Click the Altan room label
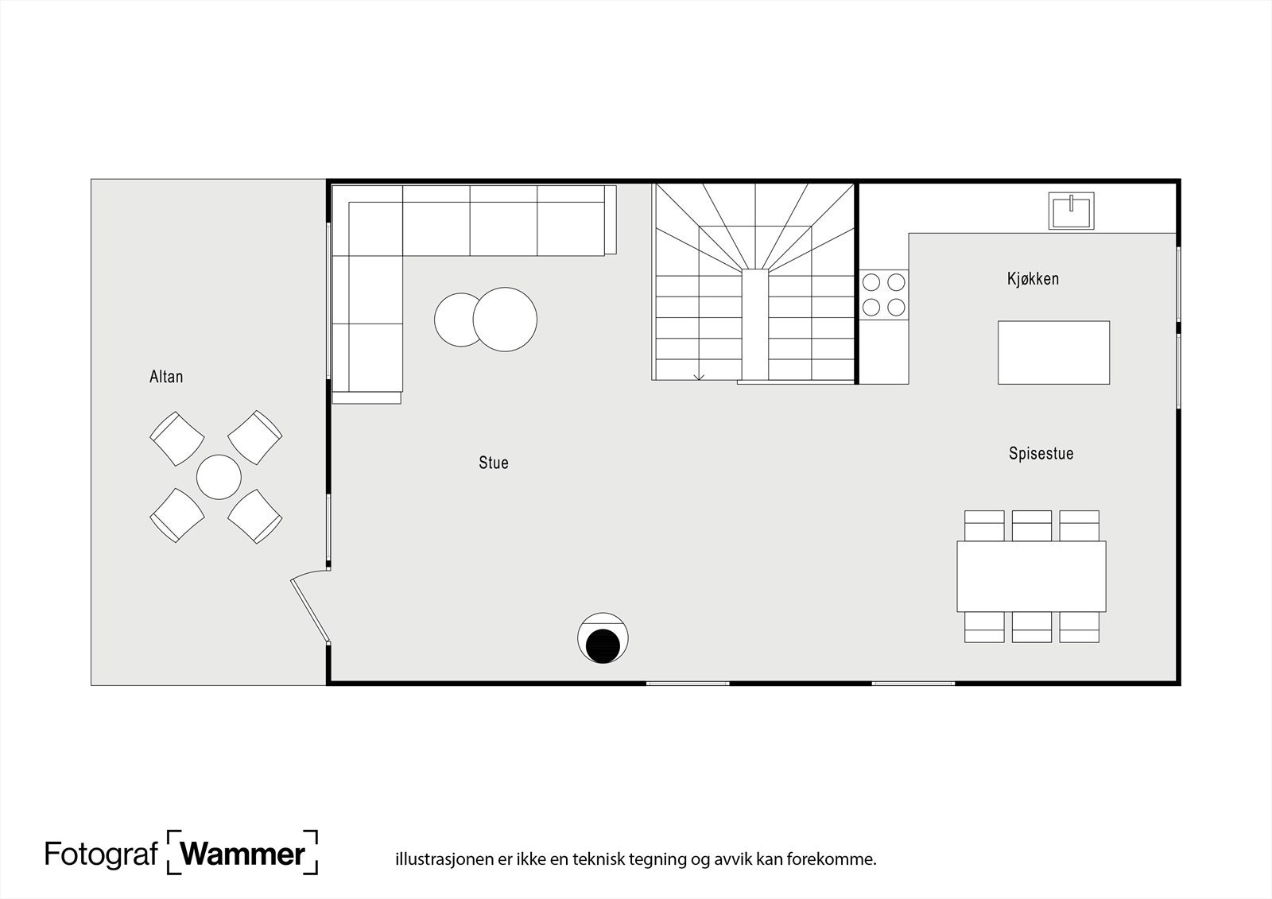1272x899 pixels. click(x=166, y=377)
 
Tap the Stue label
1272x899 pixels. click(x=493, y=463)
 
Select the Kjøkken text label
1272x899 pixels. click(x=1033, y=279)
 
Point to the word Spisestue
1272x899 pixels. click(x=1041, y=454)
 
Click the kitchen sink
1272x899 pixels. click(x=1071, y=211)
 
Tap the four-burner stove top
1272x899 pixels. click(x=883, y=294)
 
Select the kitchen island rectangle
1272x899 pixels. click(x=1053, y=352)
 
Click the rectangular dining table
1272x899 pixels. click(x=1031, y=576)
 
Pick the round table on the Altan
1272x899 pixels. click(x=219, y=477)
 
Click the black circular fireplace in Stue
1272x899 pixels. click(x=603, y=645)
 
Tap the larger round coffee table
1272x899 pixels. click(x=505, y=320)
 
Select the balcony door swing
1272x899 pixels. click(x=310, y=608)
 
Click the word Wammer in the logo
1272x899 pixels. click(x=242, y=854)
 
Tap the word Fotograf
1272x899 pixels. click(x=101, y=854)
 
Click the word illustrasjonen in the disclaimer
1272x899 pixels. click(x=436, y=859)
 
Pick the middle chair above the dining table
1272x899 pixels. click(x=1031, y=525)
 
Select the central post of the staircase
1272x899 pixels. click(x=755, y=325)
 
